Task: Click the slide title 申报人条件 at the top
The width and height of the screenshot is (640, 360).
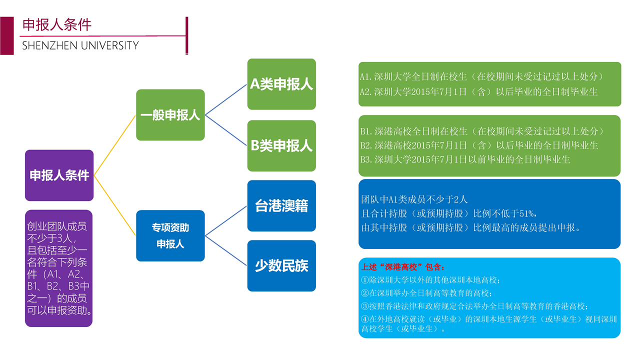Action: [x=57, y=25]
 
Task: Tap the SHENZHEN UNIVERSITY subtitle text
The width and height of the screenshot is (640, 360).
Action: [x=80, y=45]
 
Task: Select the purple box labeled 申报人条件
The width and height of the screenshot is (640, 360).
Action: [x=59, y=175]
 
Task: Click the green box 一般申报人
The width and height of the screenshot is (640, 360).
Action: [x=170, y=115]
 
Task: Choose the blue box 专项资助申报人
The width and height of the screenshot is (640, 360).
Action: [x=170, y=235]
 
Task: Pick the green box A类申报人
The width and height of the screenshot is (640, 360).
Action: [x=281, y=84]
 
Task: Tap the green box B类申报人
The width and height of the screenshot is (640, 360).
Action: [x=281, y=145]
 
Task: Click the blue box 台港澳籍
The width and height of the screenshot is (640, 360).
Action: [x=281, y=205]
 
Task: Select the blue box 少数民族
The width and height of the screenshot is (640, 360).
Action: [x=281, y=265]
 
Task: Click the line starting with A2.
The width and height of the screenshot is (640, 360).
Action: [x=478, y=92]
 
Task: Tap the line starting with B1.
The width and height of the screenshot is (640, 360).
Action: [x=482, y=131]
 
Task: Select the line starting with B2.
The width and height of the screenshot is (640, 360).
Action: [x=479, y=145]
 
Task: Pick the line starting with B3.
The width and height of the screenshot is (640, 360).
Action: [x=465, y=160]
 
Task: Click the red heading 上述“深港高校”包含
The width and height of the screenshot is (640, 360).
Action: [x=403, y=267]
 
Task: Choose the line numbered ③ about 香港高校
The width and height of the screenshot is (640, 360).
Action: [x=474, y=306]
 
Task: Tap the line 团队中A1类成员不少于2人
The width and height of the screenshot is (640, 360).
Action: [x=414, y=199]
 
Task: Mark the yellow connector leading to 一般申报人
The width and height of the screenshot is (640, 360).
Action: [x=115, y=145]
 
